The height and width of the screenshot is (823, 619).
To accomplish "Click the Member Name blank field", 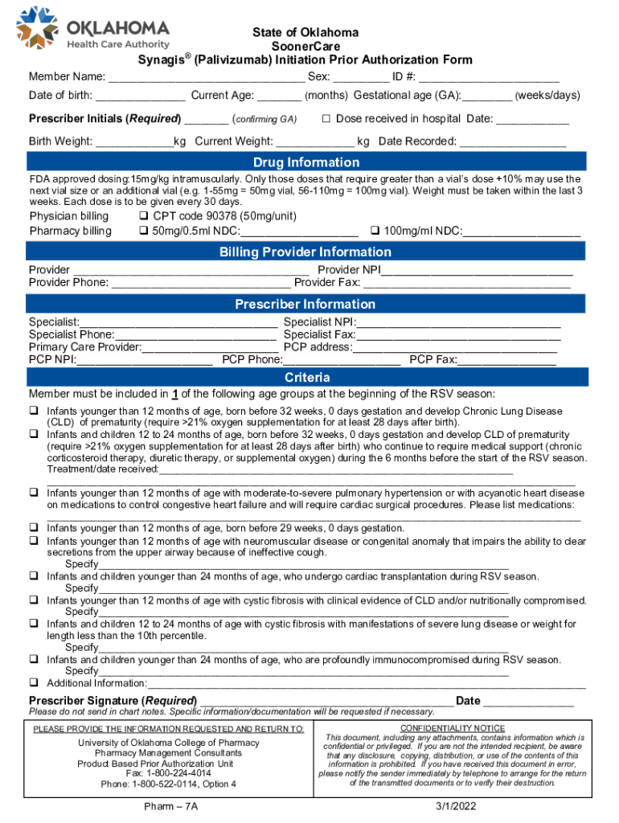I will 207,78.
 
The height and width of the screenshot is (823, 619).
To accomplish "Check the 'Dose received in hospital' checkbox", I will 327,119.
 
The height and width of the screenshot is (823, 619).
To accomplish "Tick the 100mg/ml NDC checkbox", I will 374,231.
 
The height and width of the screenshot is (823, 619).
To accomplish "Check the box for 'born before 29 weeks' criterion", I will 35,528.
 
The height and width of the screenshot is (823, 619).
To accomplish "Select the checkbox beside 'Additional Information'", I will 35,682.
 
